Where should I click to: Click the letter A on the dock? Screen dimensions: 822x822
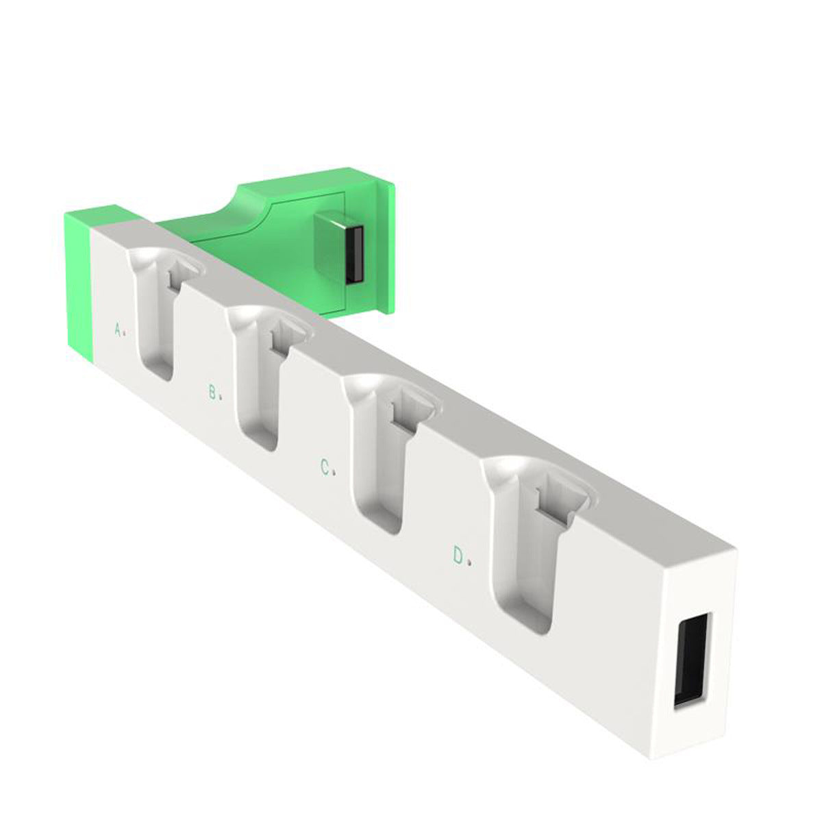coord(118,329)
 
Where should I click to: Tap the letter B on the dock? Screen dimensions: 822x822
coord(212,392)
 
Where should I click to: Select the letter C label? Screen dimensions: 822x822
coord(325,467)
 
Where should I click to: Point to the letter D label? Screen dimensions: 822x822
coord(458,556)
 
